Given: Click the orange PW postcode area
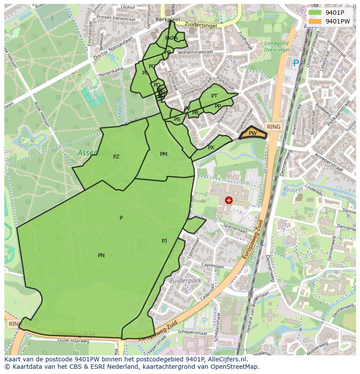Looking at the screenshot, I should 253,133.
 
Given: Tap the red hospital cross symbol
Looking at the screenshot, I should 229,200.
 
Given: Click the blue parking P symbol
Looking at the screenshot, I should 296,63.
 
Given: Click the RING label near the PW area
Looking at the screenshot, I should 274,126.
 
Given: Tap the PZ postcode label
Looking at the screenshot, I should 116,157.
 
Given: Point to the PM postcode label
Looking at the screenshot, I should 163,154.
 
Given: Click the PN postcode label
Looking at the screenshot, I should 101,255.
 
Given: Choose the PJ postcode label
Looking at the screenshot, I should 164,241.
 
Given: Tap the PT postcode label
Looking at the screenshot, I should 214,96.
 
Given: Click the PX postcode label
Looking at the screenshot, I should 211,148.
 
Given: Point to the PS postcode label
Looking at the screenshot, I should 177,119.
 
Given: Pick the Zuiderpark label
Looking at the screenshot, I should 186,281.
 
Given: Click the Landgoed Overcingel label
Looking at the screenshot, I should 277,46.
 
